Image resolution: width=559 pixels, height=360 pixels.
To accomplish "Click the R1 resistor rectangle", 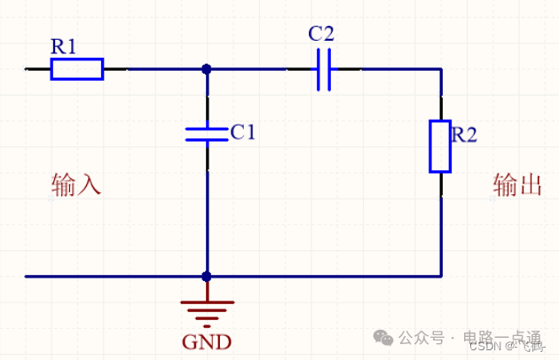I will (76, 68).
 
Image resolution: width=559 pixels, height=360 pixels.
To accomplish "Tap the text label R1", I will (65, 46).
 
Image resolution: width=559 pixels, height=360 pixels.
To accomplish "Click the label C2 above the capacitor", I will (321, 35).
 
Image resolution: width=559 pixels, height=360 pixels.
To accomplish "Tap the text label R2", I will (464, 135).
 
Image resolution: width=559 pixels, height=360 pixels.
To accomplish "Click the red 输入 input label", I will (76, 185).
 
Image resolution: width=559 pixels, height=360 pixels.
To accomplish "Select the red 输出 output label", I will (517, 185).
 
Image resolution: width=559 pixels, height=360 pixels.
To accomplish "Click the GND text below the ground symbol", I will (206, 341).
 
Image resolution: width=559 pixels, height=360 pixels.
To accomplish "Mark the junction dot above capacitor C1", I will (207, 68).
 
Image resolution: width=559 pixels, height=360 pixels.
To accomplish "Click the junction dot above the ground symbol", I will (207, 277).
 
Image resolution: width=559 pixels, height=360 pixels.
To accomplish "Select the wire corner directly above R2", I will (441, 68).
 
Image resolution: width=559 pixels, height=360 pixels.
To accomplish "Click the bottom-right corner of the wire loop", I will (441, 277).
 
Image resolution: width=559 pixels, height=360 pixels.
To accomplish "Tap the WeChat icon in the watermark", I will (383, 338).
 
